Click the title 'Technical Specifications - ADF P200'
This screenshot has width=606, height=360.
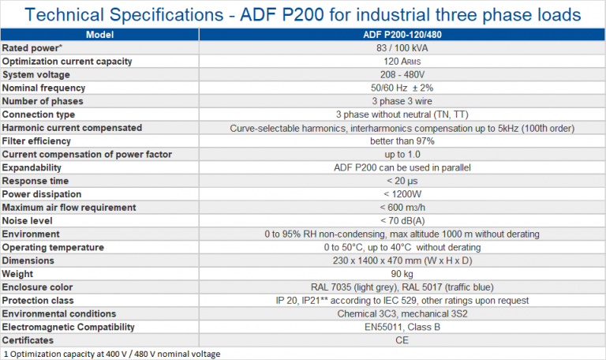coord(303,13)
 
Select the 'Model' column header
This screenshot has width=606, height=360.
coord(99,35)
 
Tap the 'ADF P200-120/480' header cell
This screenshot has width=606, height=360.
coord(402,35)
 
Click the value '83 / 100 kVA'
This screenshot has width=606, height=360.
coord(402,48)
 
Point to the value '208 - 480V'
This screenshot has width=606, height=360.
coord(402,74)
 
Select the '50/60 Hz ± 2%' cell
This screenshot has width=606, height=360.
coord(402,88)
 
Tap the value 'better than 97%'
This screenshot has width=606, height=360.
coord(402,141)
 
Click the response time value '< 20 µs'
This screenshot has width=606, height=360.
coord(402,181)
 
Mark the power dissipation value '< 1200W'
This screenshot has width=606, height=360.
coord(402,194)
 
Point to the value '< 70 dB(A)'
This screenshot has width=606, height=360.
coord(402,220)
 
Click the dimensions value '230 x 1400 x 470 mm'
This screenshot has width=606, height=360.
coord(402,261)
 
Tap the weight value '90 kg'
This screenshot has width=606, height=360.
coord(402,274)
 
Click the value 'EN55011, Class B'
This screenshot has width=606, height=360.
coord(402,327)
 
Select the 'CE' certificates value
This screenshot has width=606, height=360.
coord(402,340)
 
